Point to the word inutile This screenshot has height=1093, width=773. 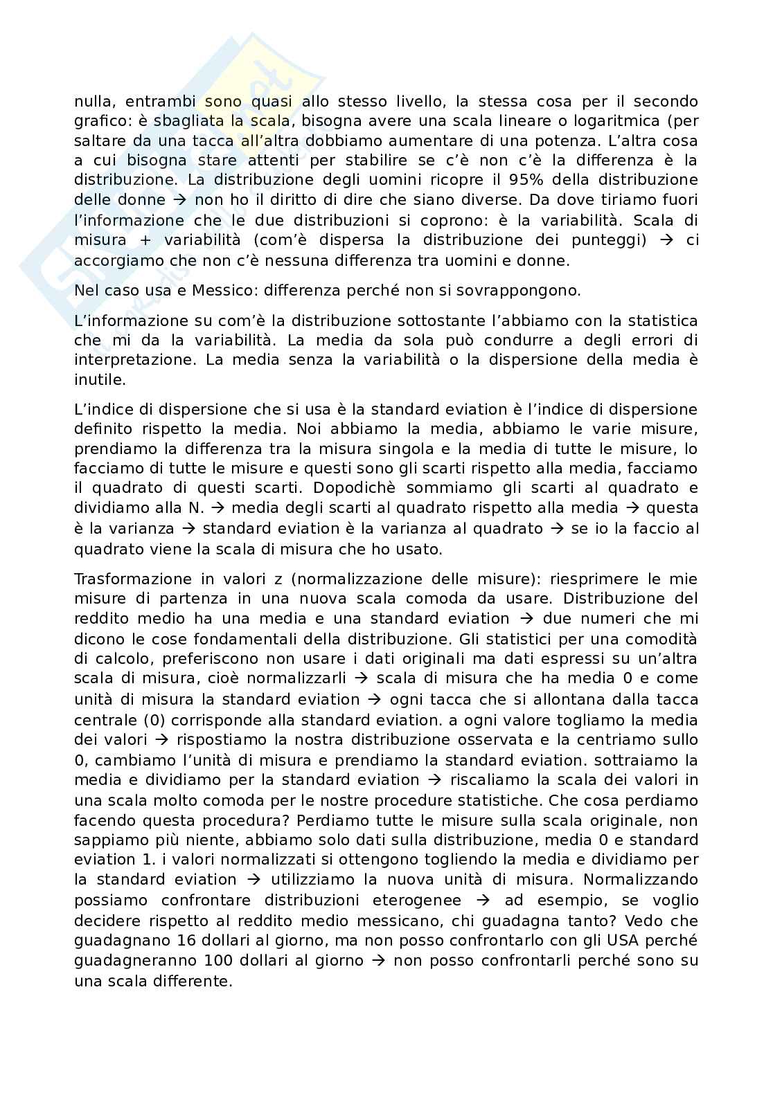pos(100,380)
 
